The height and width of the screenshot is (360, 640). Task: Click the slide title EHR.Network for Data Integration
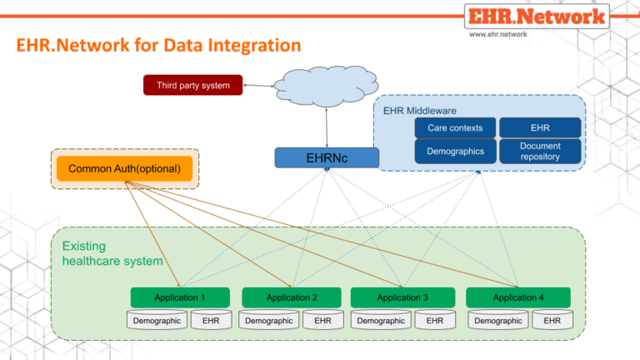point(158,44)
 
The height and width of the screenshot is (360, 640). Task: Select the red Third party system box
point(192,85)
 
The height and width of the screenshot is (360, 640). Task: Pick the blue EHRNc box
point(327,157)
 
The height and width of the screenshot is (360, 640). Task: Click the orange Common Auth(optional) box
point(124,169)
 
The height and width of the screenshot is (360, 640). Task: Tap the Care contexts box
point(455,127)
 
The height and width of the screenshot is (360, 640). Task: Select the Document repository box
point(539,151)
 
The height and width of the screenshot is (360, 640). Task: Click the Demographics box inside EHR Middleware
point(455,151)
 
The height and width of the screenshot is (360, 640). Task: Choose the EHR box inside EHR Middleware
point(539,127)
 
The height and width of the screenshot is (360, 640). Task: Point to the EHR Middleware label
point(420,110)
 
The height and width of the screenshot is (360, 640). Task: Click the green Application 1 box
point(179,297)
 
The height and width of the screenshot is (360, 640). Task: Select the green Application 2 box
point(291,297)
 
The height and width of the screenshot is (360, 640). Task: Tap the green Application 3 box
point(402,297)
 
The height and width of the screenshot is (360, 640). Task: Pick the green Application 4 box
point(517,297)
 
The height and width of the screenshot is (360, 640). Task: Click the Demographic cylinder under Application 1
point(157,320)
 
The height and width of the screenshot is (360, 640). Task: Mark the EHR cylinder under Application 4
point(551,320)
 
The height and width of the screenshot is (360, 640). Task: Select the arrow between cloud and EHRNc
point(327,128)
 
